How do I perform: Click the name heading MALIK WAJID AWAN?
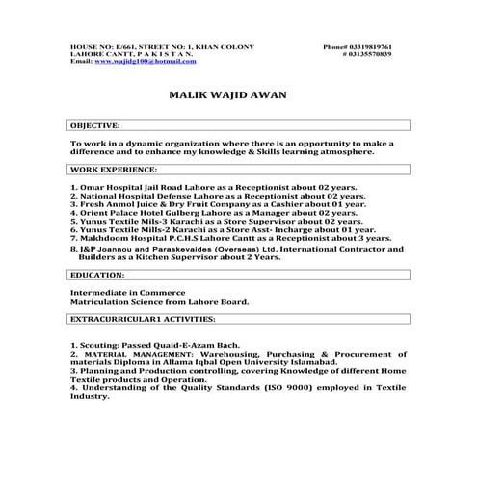[226, 96]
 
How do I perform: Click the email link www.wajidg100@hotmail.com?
[145, 61]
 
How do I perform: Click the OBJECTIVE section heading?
[95, 125]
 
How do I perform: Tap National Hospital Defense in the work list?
[140, 195]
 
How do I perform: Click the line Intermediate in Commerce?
[118, 291]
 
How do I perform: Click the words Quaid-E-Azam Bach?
[198, 344]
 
